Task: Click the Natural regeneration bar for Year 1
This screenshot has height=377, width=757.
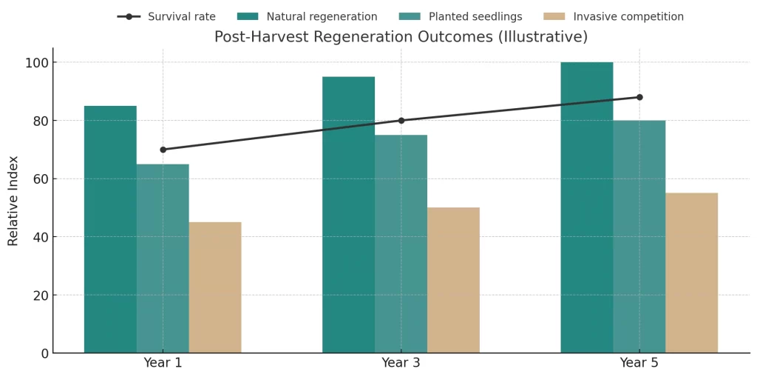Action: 110,230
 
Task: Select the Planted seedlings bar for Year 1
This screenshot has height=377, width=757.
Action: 163,258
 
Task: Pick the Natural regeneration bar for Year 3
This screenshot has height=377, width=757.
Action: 348,215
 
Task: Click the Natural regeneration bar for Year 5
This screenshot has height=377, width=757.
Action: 587,207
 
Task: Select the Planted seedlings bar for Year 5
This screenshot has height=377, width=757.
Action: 639,236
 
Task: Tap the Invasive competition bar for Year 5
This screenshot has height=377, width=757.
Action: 691,273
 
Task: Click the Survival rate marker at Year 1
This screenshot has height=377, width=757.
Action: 163,150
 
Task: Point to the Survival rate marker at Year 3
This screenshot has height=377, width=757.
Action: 401,121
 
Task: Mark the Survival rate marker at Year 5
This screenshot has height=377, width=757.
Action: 639,97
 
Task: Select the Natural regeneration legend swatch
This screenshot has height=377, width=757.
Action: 248,17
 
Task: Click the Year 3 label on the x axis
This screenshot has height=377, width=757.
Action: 401,363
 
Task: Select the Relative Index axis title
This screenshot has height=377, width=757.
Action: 13,201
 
